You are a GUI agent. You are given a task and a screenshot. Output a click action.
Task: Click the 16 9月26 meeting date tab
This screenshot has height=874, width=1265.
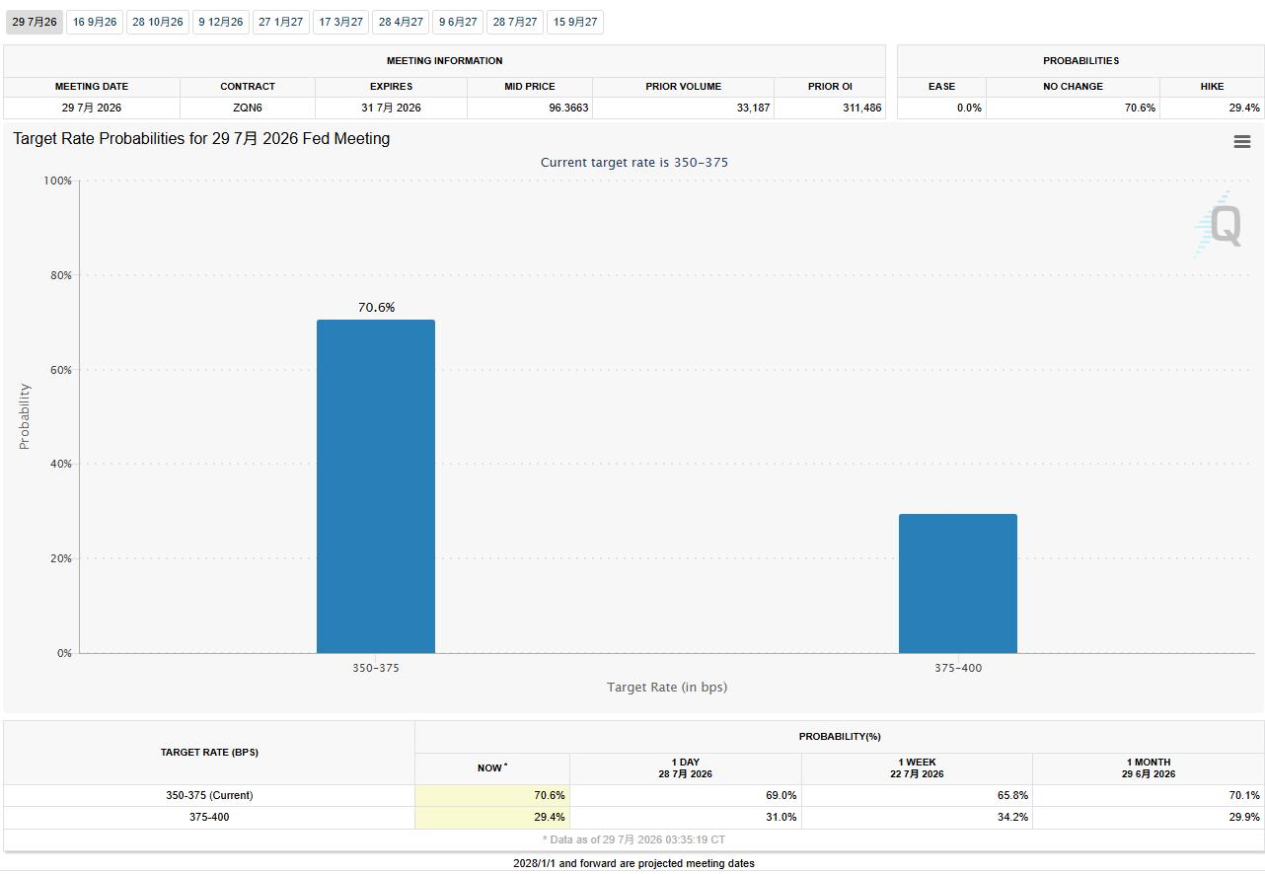pyautogui.click(x=95, y=22)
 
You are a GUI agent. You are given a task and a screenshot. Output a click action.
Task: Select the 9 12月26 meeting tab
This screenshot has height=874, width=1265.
pyautogui.click(x=221, y=22)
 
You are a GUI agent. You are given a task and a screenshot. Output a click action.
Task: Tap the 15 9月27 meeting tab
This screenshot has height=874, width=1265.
pyautogui.click(x=575, y=22)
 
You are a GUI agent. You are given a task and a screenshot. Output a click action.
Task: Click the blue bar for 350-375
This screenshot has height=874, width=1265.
pyautogui.click(x=376, y=486)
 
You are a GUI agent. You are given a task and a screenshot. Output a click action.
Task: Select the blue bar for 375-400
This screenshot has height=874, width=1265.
pyautogui.click(x=958, y=583)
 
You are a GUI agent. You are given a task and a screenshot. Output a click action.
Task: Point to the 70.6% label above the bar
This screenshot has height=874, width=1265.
pyautogui.click(x=376, y=307)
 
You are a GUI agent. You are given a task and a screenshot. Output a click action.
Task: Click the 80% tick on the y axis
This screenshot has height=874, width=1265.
pyautogui.click(x=61, y=275)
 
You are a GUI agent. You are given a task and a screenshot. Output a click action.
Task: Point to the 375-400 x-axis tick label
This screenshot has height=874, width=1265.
pyautogui.click(x=958, y=668)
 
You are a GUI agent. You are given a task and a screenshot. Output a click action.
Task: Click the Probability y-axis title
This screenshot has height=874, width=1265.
pyautogui.click(x=24, y=416)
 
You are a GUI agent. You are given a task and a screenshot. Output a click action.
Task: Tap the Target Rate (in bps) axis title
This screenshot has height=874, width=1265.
pyautogui.click(x=667, y=688)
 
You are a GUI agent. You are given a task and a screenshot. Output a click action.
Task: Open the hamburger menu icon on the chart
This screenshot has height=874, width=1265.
pyautogui.click(x=1242, y=141)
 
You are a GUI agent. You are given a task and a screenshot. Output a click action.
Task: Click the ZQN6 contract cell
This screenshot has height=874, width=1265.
pyautogui.click(x=248, y=108)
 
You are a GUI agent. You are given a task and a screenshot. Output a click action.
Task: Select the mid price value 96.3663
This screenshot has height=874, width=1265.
pyautogui.click(x=568, y=108)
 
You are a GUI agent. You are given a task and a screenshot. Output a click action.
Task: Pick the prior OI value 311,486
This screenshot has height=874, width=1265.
pyautogui.click(x=861, y=108)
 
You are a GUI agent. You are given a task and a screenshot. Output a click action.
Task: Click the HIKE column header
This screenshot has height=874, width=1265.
pyautogui.click(x=1212, y=87)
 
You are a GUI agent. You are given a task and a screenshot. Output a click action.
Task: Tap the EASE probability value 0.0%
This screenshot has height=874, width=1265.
pyautogui.click(x=969, y=108)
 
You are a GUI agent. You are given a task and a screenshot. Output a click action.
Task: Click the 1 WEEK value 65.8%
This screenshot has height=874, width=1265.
pyautogui.click(x=1012, y=795)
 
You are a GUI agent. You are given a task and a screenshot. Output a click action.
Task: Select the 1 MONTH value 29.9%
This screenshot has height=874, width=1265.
pyautogui.click(x=1244, y=817)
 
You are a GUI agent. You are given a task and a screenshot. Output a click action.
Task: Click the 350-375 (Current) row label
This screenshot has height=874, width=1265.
pyautogui.click(x=209, y=795)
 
